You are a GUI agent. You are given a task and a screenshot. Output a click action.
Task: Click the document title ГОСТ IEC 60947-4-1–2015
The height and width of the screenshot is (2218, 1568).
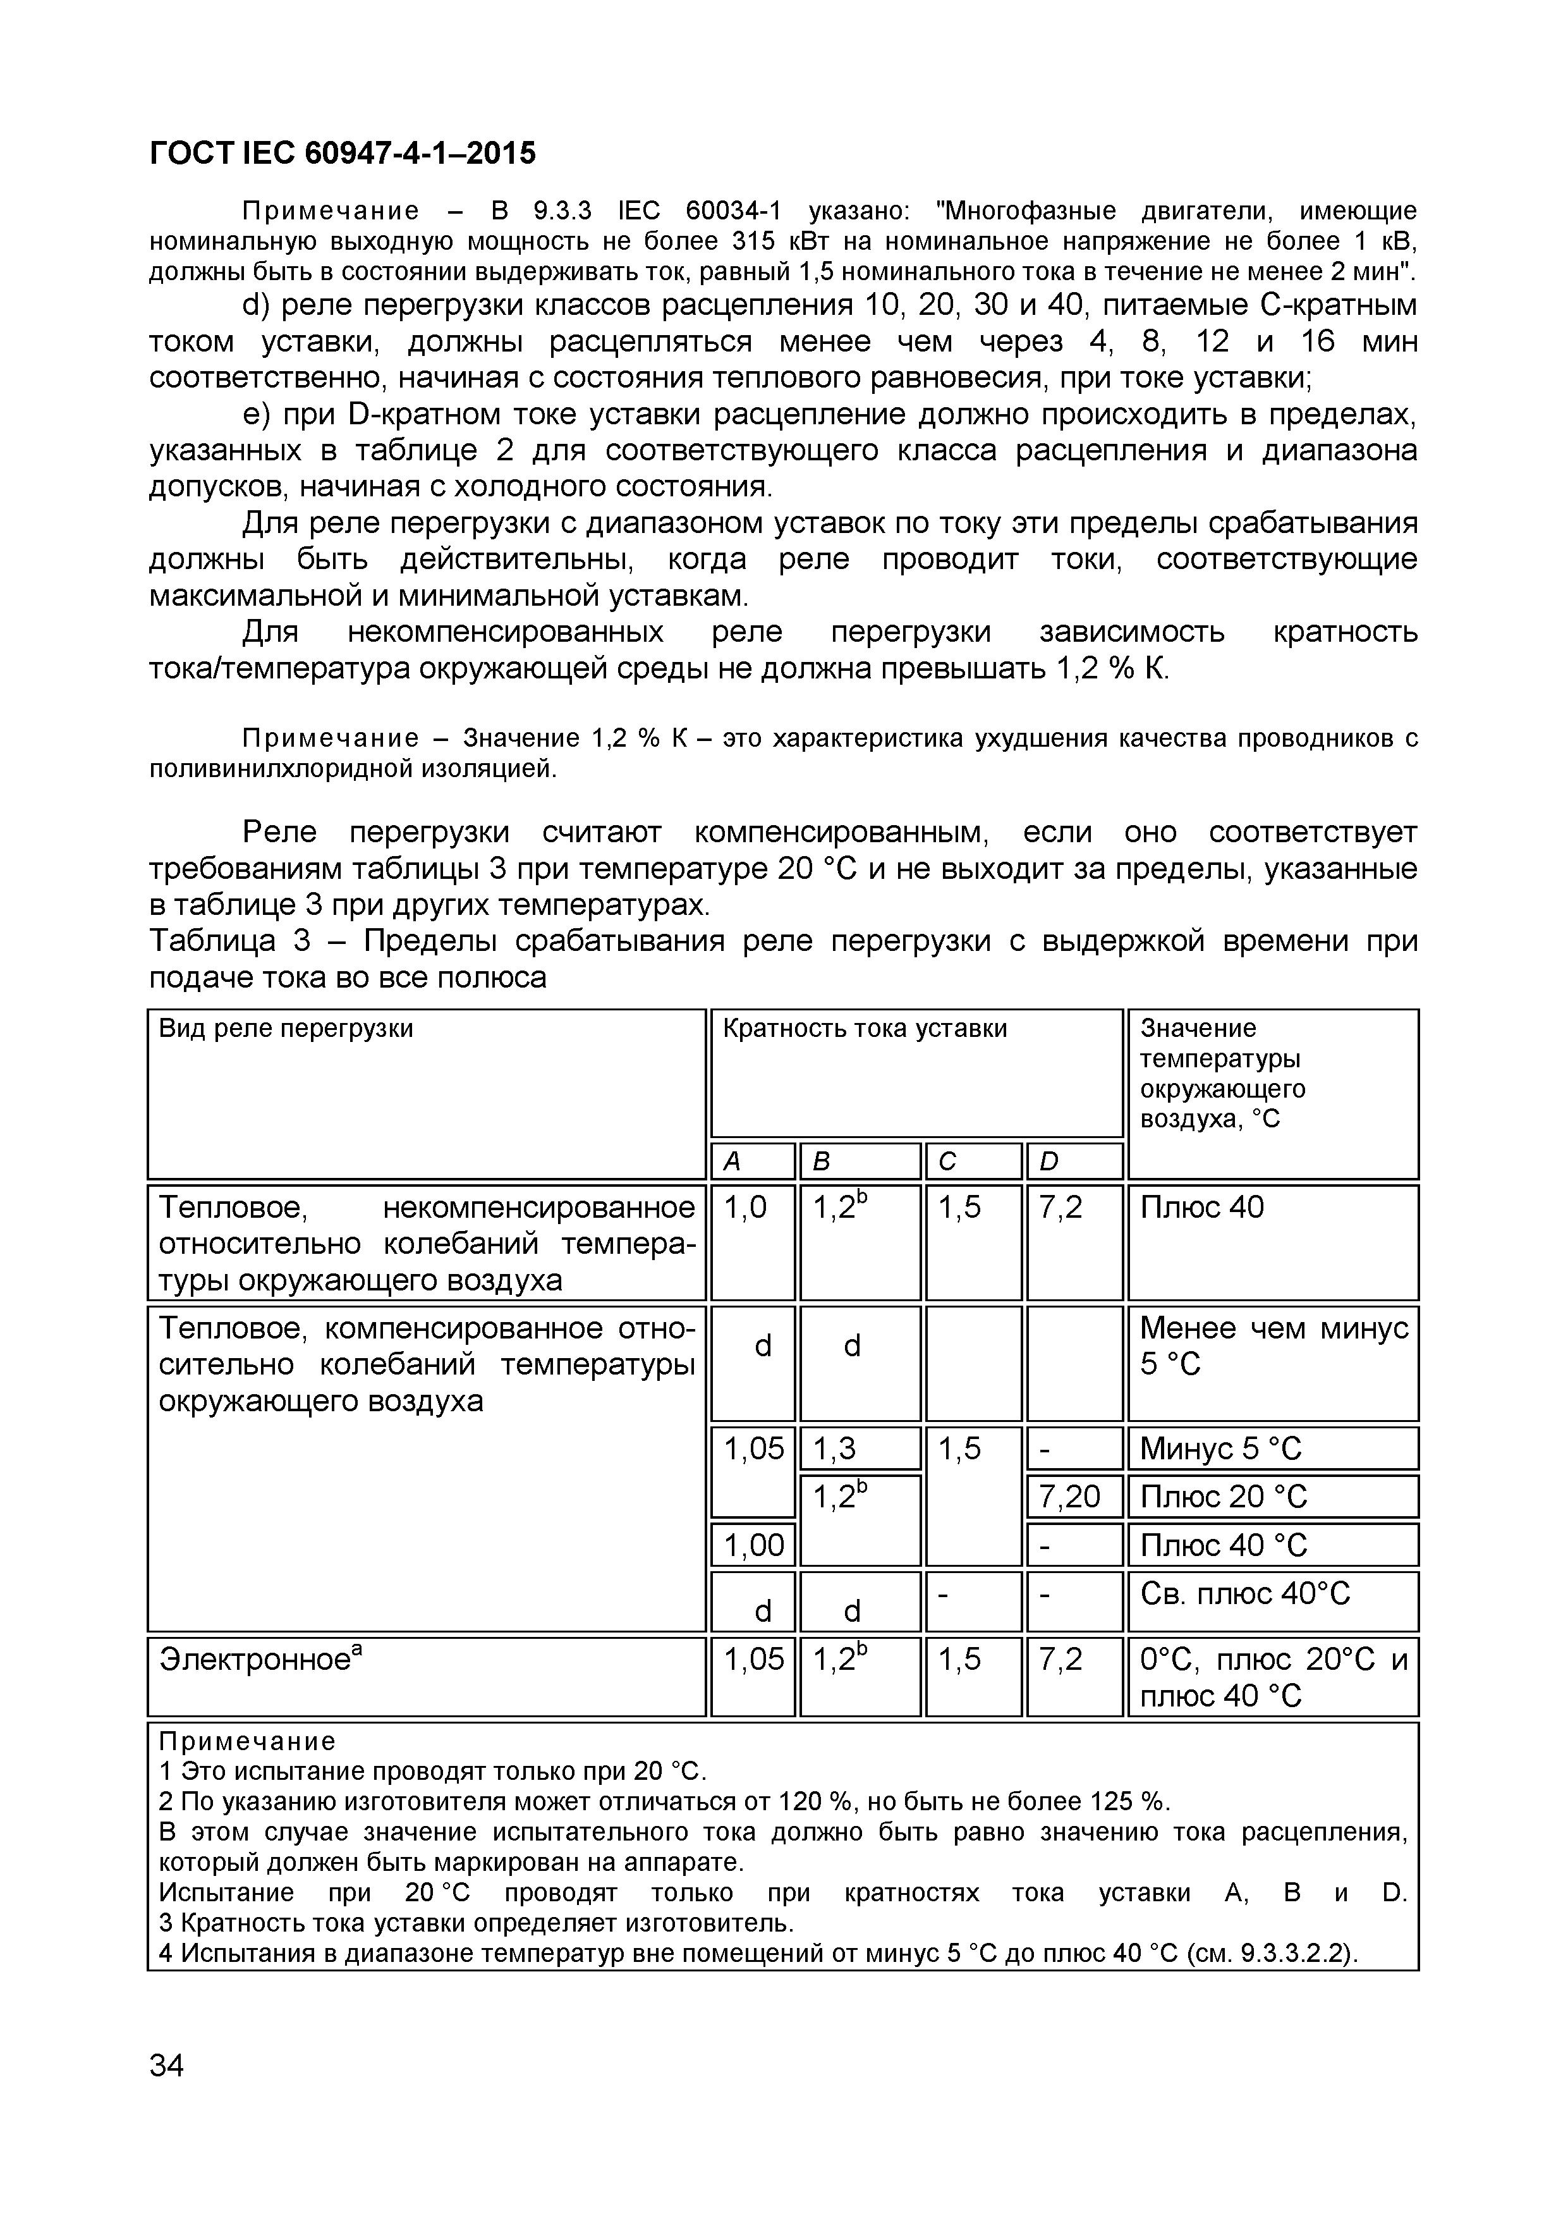[x=342, y=152]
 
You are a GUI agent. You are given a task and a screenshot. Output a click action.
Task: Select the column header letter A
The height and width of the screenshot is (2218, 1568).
[x=732, y=1162]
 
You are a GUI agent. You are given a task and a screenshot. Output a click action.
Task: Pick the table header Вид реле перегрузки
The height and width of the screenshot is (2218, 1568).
[x=286, y=1029]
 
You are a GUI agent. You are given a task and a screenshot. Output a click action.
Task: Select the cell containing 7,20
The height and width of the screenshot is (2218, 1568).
[x=1070, y=1497]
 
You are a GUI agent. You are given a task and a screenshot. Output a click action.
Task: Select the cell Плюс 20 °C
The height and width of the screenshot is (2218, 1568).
[x=1222, y=1497]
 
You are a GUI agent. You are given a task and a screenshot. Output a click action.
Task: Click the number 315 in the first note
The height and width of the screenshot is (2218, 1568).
[x=753, y=240]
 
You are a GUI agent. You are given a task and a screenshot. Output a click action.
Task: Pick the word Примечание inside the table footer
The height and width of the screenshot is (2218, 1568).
[x=247, y=1742]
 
